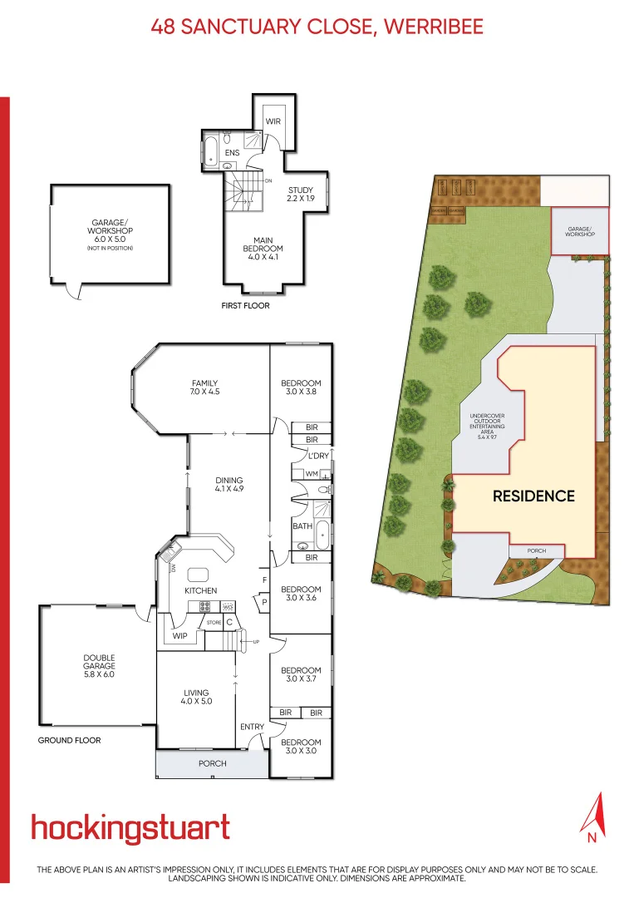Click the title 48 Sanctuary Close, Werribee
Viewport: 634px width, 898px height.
(x=317, y=27)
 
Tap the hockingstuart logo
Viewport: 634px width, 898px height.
(x=130, y=828)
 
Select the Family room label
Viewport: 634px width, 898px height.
(x=204, y=387)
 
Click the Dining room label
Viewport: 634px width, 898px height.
(x=229, y=485)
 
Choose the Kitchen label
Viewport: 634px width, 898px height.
(x=200, y=590)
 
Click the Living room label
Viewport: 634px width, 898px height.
(x=197, y=697)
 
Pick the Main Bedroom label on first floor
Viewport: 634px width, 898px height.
(x=263, y=249)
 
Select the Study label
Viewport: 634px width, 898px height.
(x=300, y=195)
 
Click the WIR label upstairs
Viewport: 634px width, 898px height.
(x=273, y=121)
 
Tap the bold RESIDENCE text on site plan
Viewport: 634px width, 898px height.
(x=533, y=496)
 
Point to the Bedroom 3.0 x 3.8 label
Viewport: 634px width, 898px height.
(x=301, y=387)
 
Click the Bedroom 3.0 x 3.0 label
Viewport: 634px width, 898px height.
(x=301, y=747)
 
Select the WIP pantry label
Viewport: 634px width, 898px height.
(x=180, y=636)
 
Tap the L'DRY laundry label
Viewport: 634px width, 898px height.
(x=317, y=456)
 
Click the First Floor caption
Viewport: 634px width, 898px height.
(x=245, y=306)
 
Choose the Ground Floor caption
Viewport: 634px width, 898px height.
(x=69, y=740)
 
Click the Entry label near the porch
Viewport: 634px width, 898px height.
(x=252, y=728)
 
